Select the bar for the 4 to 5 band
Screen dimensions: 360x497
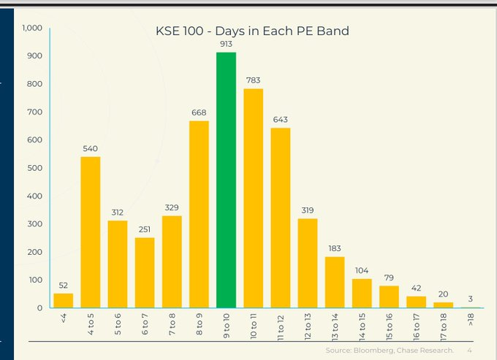point(91,232)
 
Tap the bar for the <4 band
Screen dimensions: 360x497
point(64,300)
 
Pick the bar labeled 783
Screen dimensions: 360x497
point(253,198)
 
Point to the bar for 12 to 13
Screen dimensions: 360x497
point(308,263)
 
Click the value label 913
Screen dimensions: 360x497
point(226,44)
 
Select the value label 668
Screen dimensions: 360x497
point(199,112)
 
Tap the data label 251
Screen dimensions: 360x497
point(145,229)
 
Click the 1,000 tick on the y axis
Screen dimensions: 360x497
point(31,28)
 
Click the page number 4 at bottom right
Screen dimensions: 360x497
point(468,351)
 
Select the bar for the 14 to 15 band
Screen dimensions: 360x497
point(362,294)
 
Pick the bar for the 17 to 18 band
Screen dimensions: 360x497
point(443,305)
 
